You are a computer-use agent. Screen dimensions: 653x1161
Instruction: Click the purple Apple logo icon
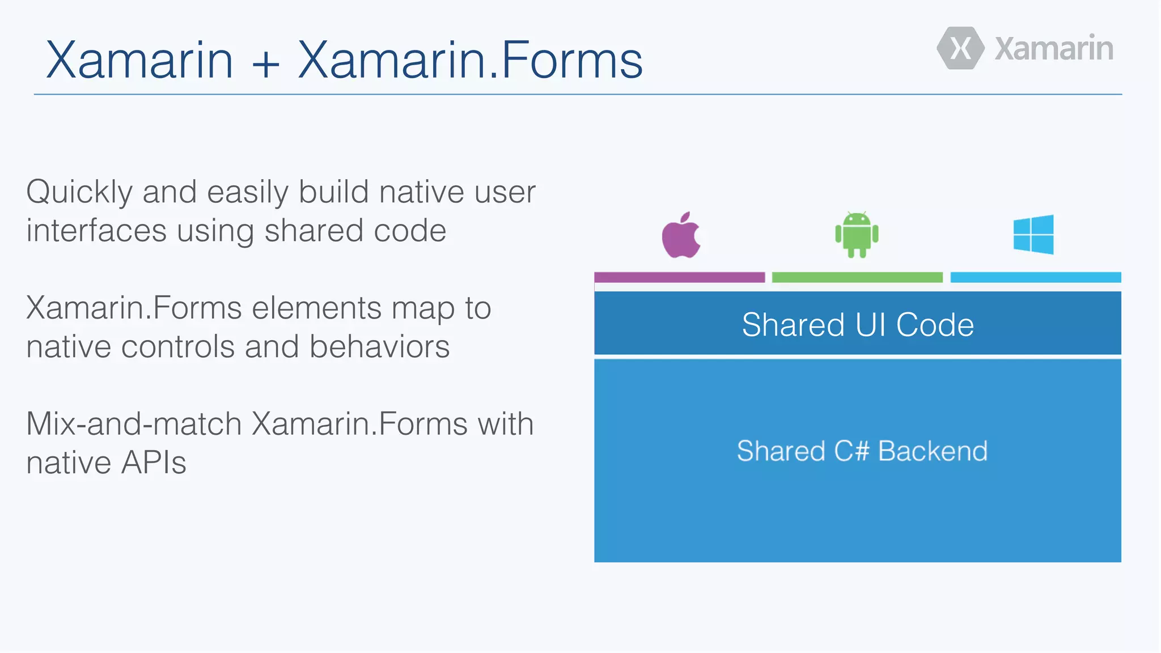coord(681,236)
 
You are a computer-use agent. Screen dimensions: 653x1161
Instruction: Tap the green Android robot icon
coord(857,235)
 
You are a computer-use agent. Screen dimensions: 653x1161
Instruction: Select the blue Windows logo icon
coord(1033,235)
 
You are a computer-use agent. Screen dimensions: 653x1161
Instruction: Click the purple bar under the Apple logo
coord(679,277)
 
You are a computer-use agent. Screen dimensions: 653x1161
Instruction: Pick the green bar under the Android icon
coord(857,277)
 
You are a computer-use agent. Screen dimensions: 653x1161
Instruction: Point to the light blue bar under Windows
coord(1035,277)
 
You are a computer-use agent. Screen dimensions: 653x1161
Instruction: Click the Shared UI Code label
coord(858,325)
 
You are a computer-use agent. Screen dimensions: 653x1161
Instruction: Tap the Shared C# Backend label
coord(862,451)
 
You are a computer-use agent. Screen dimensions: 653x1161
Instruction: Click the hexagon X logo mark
coord(960,48)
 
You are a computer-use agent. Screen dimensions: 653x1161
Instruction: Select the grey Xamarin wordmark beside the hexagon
coord(1054,49)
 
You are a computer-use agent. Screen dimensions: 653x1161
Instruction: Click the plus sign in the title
coord(266,61)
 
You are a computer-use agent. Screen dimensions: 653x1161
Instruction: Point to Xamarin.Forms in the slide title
coord(470,60)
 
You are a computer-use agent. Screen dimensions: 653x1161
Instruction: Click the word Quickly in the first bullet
coord(79,193)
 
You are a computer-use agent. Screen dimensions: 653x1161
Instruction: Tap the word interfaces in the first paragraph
coord(96,231)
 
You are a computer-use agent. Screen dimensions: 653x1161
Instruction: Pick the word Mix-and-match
coord(134,424)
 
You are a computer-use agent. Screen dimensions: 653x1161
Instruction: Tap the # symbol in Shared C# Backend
coord(859,452)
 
